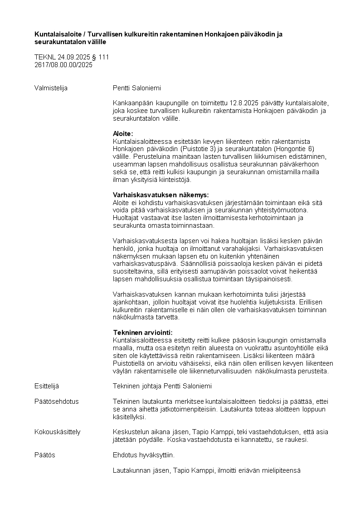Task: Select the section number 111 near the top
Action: coord(104,58)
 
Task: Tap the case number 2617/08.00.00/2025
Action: coord(63,65)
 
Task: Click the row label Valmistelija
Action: coord(51,88)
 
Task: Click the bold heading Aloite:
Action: coord(123,134)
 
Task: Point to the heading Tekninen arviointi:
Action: coord(143,333)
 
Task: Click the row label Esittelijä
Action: coord(47,386)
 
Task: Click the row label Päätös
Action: coord(45,455)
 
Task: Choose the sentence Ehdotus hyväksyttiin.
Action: coord(143,455)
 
